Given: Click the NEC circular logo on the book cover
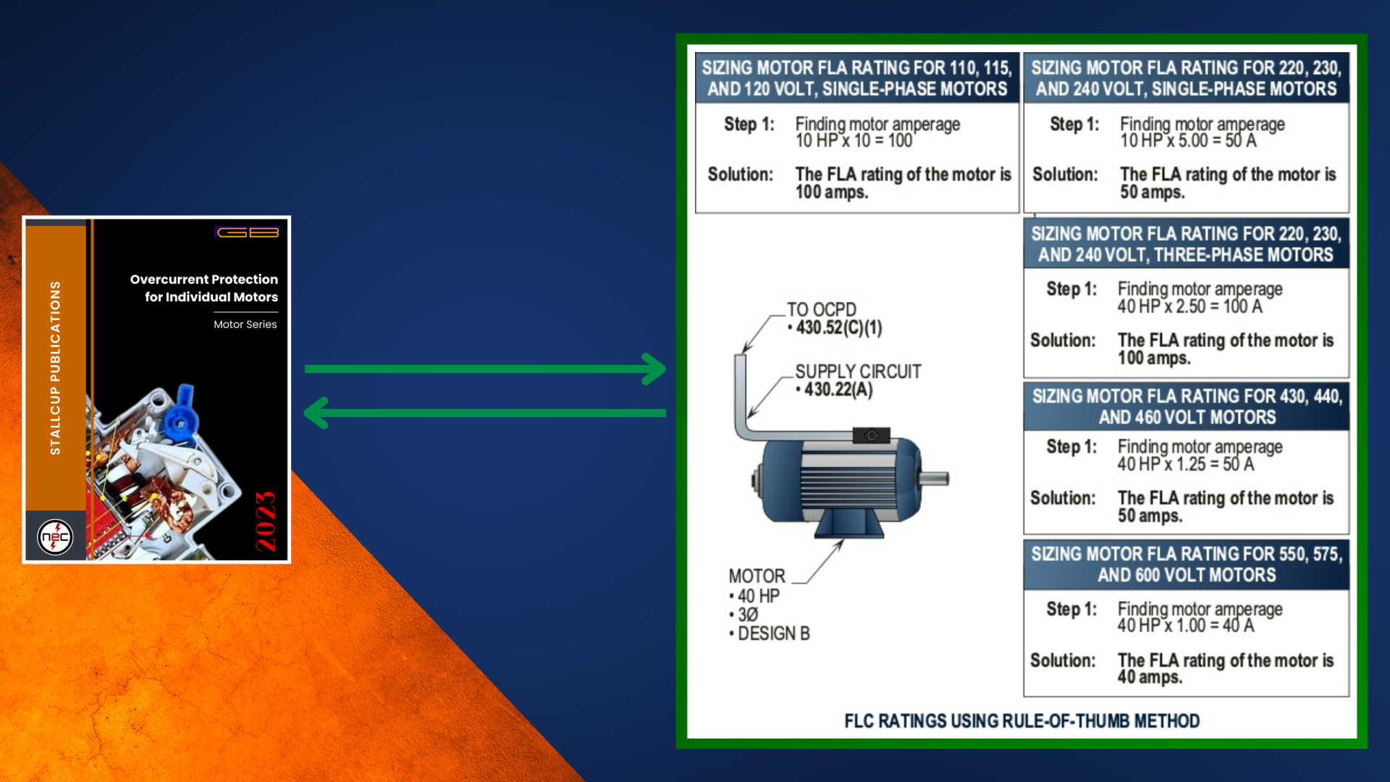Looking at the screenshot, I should (55, 537).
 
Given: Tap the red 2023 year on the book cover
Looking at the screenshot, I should (266, 521).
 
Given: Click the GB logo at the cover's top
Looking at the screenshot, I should (248, 232).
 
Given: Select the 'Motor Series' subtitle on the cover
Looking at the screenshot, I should (245, 324).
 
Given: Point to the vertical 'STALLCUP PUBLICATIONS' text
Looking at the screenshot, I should (55, 368).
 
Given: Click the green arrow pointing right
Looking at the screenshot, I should (485, 369).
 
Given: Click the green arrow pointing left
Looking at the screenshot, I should (485, 413).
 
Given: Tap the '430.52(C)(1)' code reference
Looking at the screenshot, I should (839, 328).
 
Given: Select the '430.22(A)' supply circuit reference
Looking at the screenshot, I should (838, 390).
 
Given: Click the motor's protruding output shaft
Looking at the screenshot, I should (934, 478).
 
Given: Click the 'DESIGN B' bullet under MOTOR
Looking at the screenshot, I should (772, 634).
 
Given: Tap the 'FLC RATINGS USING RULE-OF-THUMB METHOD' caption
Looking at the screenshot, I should (1022, 721).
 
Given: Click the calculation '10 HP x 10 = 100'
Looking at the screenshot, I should (854, 140).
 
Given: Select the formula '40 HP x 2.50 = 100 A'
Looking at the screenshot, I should (1189, 306).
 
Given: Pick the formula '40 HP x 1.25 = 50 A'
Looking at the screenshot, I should (1185, 464).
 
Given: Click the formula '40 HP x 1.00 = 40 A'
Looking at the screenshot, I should (1185, 626).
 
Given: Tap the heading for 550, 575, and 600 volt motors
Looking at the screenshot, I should (1187, 565).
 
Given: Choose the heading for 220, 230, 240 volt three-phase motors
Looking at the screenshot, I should (1186, 244).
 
